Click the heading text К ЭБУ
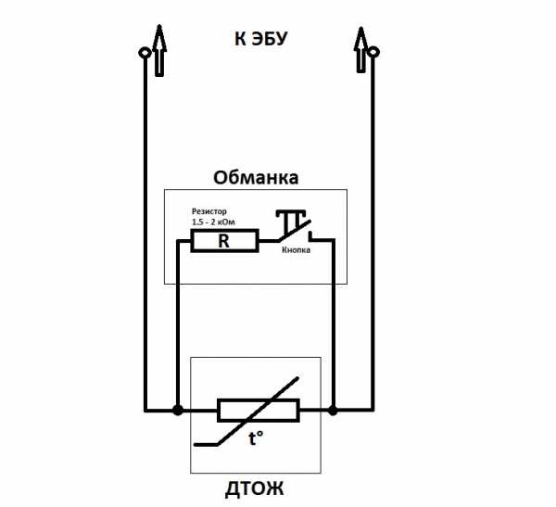tap(260, 38)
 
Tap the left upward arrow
tap(159, 50)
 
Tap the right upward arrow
tap(360, 50)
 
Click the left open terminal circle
tap(145, 54)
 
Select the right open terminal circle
tap(373, 53)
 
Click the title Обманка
tap(256, 177)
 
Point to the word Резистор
tap(209, 211)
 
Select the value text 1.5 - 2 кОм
tap(213, 222)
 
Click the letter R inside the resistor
tap(223, 241)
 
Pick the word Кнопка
tap(297, 249)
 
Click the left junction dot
tap(178, 410)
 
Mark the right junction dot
tap(333, 410)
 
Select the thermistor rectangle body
tap(259, 410)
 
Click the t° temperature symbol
tap(256, 438)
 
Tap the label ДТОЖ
tap(254, 488)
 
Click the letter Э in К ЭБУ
tap(257, 39)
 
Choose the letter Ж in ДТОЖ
tap(274, 488)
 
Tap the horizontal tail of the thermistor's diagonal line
tap(206, 444)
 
